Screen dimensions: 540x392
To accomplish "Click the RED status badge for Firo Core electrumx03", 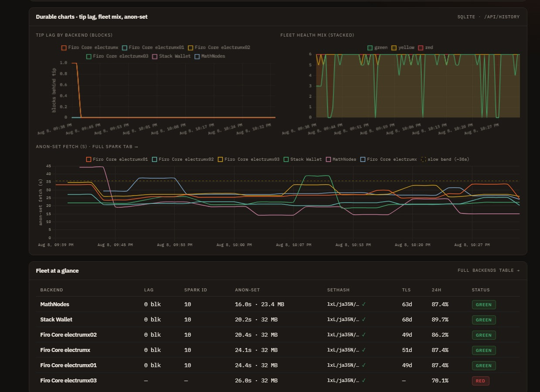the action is (480, 381).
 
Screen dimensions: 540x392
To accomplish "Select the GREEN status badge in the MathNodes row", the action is (484, 304).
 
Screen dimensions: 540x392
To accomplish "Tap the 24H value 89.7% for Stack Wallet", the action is (440, 319).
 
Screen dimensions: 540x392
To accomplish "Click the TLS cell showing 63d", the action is (407, 304).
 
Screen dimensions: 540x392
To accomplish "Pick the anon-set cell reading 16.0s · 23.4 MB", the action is (259, 304).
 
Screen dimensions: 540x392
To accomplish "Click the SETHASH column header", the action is (338, 290).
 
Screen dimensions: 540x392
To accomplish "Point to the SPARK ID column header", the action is (196, 290).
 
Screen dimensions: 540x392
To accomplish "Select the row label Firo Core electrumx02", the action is (68, 335).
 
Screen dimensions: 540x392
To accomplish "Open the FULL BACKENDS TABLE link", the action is (489, 270).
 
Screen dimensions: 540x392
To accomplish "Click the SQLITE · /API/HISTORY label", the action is (489, 17).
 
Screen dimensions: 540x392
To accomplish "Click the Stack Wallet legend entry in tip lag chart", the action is (171, 56).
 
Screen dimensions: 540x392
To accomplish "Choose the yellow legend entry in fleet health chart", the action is (403, 47).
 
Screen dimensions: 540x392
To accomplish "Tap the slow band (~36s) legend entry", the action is (445, 159).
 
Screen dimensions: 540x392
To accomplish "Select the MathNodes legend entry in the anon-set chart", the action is (341, 159).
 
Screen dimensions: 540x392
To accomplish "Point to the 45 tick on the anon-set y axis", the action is (48, 166).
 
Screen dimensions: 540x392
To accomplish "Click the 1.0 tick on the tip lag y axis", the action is (63, 63).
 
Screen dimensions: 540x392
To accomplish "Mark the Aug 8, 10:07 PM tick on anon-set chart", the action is (293, 245).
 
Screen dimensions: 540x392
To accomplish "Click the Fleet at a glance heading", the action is (57, 270).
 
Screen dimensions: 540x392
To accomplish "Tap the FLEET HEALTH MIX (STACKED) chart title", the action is (317, 35).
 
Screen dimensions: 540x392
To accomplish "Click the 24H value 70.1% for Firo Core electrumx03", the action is (440, 380).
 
